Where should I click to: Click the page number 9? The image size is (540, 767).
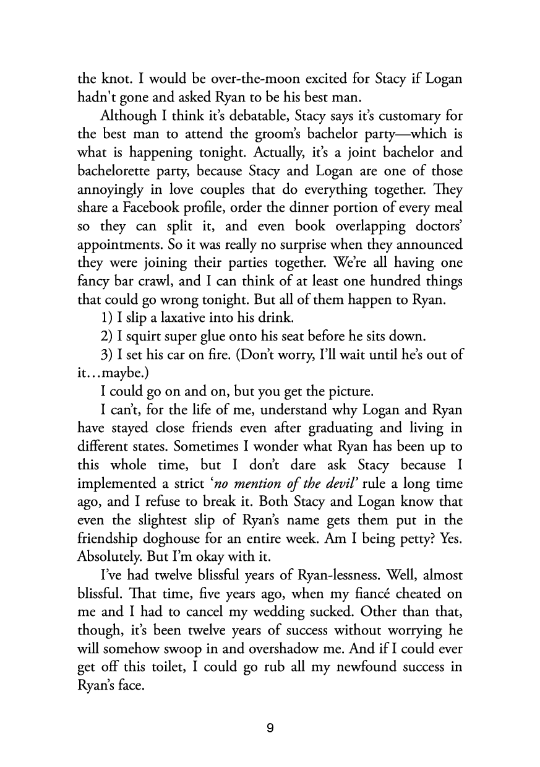[270, 728]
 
